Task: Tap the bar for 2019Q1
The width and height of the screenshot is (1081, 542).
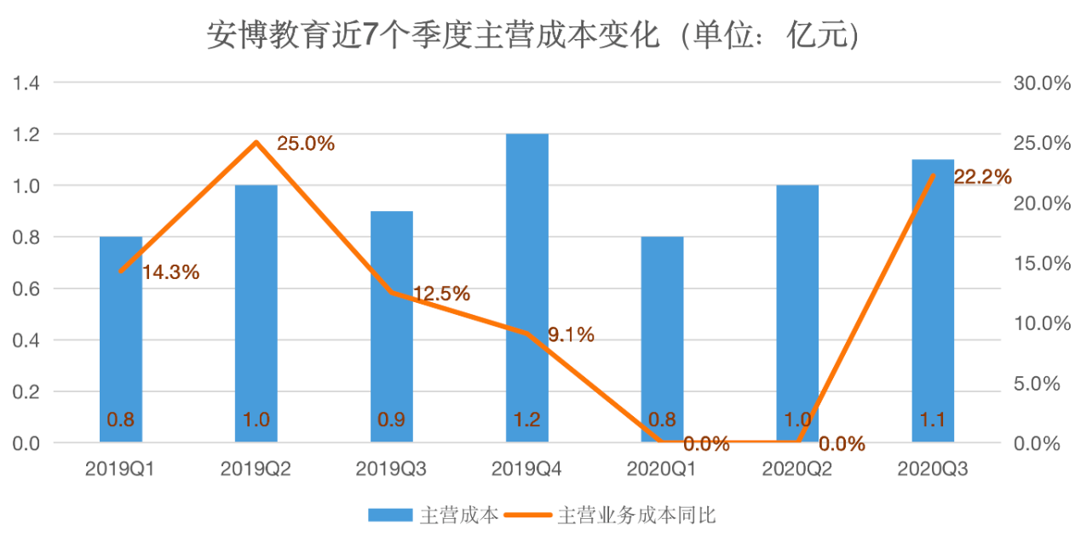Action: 121,357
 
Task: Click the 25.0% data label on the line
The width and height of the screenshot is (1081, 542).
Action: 306,144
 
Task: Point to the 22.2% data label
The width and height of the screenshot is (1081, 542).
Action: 982,177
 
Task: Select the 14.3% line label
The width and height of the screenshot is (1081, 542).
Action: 170,272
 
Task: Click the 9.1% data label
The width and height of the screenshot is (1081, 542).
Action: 571,335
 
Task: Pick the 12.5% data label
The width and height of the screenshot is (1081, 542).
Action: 441,294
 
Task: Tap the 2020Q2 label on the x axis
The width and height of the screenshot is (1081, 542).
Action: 797,469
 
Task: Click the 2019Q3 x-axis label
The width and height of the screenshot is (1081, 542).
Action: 391,469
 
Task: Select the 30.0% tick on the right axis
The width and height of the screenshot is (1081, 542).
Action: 1041,83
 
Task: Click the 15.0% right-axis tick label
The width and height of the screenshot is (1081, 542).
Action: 1041,264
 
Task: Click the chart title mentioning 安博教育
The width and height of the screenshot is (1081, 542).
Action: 532,36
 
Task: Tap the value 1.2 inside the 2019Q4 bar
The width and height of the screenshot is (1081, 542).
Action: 526,419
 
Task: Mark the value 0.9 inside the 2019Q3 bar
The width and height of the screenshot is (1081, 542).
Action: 391,419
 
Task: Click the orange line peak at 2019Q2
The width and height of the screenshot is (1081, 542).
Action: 256,142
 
